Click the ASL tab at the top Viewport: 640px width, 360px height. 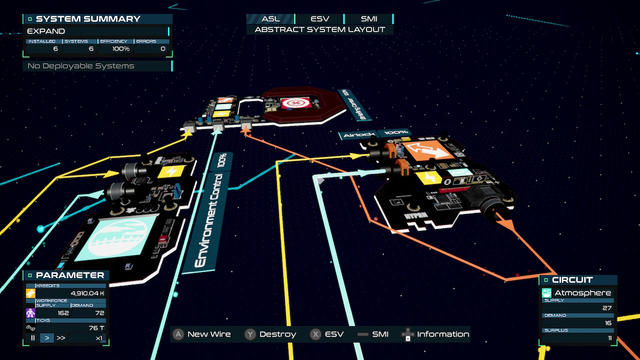coord(270,19)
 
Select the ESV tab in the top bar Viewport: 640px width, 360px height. coord(320,19)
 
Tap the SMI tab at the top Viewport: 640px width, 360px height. coord(369,19)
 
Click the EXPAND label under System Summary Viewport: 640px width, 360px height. coord(46,31)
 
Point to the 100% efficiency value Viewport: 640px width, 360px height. coord(120,49)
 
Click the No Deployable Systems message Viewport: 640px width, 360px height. coord(80,66)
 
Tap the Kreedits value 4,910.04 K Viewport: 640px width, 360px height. coord(87,293)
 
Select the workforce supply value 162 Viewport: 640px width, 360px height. coord(63,313)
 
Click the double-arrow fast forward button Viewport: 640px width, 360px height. coord(61,338)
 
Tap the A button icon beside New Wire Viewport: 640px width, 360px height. coord(178,334)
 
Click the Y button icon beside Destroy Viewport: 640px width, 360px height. coord(250,334)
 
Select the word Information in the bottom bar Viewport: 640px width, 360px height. coord(443,334)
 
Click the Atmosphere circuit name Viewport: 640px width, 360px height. coord(582,293)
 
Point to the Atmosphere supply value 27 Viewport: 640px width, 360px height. coord(606,308)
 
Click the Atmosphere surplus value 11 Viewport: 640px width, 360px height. coord(609,338)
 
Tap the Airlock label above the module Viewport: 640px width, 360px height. coord(356,135)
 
